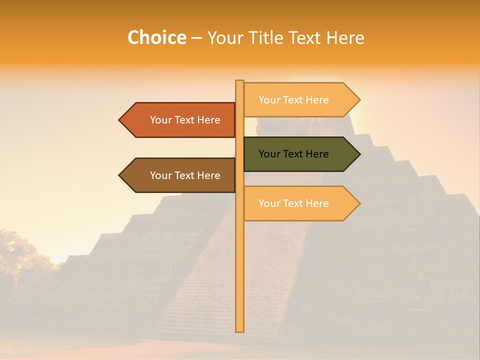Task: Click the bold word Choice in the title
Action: coord(156,37)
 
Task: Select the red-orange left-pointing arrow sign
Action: coord(180,120)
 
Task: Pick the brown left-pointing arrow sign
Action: coord(180,175)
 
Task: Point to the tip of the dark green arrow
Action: coord(359,154)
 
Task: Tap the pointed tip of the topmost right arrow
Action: coord(359,100)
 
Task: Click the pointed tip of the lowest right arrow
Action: coord(359,203)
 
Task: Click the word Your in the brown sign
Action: coord(160,175)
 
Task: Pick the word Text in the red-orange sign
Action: coord(185,120)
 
